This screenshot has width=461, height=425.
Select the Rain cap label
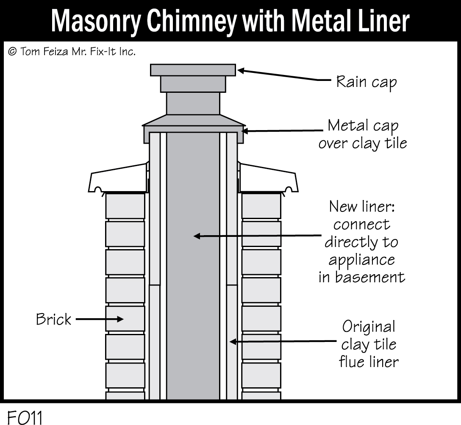pos(366,82)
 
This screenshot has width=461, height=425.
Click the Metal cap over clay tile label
pos(363,134)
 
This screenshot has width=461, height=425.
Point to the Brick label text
pos(53,319)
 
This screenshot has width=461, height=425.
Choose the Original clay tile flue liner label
pos(369,344)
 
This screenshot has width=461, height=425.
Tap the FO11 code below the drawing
pos(25,417)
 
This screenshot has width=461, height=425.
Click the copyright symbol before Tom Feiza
pos(12,52)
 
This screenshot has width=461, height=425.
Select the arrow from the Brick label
pos(99,319)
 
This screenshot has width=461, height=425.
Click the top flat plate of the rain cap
pos(193,70)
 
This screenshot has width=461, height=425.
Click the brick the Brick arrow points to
pos(125,319)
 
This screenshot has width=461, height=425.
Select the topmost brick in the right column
pos(261,206)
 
